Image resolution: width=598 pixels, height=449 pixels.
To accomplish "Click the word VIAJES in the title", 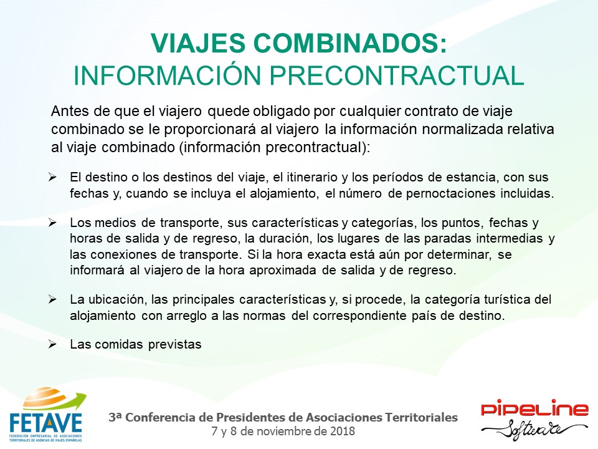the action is (x=198, y=43).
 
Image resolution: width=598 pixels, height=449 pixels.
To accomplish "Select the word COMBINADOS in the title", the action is (x=349, y=43).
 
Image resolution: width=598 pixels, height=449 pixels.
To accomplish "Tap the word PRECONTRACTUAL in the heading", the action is (x=397, y=75).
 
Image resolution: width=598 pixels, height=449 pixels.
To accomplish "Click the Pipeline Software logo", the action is (x=534, y=419).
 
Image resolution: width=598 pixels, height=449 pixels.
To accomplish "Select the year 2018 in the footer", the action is (x=343, y=432).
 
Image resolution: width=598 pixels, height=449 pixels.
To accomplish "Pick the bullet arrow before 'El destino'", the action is (x=52, y=177).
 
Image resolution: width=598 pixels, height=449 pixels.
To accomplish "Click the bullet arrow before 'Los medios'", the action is (x=52, y=223).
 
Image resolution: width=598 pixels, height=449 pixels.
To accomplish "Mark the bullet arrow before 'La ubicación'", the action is (x=52, y=299).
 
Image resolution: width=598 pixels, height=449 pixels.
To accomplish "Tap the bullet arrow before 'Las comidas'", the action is (x=52, y=344).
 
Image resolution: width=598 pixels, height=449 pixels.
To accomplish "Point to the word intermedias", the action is (x=510, y=238).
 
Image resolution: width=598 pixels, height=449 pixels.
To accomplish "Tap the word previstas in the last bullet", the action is (x=174, y=344).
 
